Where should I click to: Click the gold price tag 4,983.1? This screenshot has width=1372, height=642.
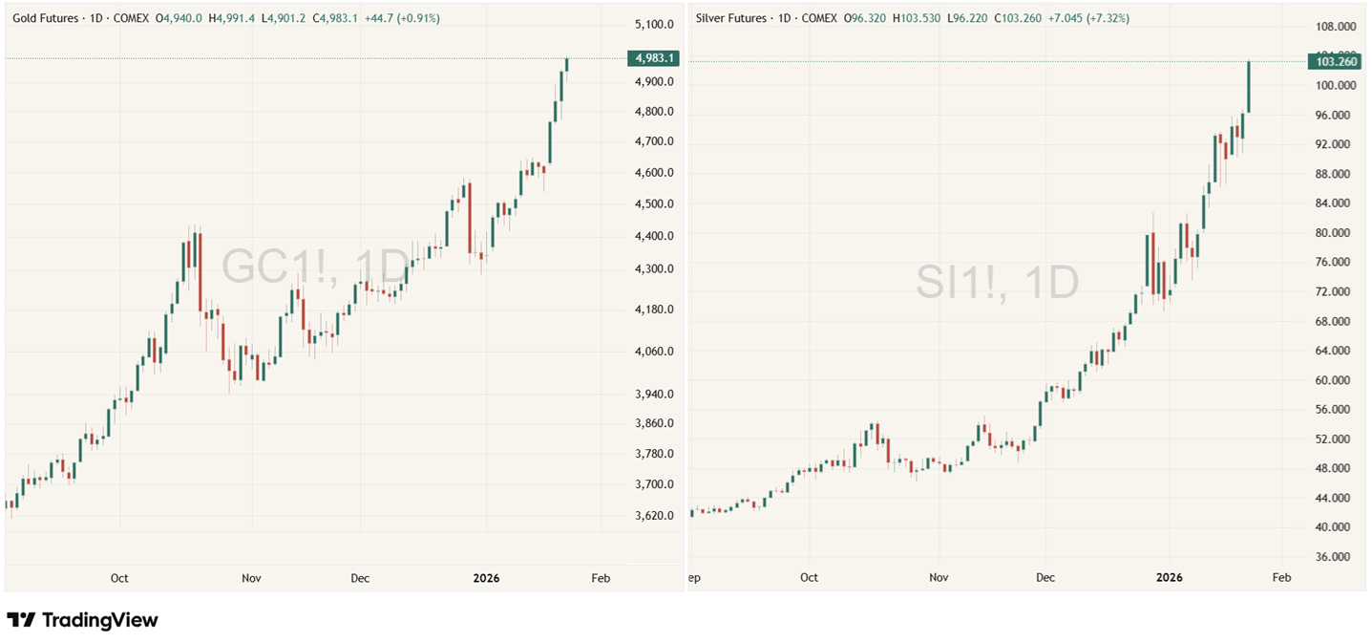pos(654,58)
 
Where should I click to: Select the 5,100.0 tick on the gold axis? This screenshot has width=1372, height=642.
pos(654,24)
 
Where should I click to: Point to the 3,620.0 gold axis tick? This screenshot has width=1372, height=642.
pos(654,516)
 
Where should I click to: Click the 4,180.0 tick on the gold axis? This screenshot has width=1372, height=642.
pos(654,310)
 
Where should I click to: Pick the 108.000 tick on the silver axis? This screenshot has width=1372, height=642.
pos(1335,26)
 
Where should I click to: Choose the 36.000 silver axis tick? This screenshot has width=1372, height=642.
pos(1335,557)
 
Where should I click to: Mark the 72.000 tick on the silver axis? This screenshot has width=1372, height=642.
pos(1335,291)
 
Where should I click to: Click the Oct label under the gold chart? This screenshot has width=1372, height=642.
pos(119,578)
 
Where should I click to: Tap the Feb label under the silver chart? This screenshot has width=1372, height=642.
pos(1281,578)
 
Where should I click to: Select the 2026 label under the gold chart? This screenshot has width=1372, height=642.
pos(486,578)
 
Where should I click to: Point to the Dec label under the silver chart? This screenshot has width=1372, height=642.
pos(1045,578)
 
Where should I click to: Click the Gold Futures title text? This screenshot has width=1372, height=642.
pos(47,18)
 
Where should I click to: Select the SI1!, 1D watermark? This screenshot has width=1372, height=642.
pos(998,282)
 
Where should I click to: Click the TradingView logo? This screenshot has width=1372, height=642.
pos(82,620)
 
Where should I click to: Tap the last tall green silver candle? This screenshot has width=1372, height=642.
pos(1248,87)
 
